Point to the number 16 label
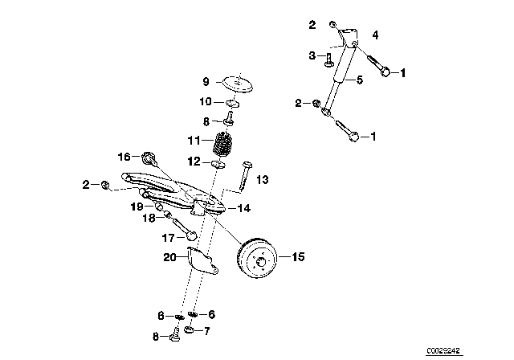[x=124, y=157]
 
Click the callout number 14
[x=244, y=207]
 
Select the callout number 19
[x=137, y=207]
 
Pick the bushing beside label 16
[x=149, y=157]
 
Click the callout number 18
[x=149, y=218]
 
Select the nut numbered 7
[x=190, y=330]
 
